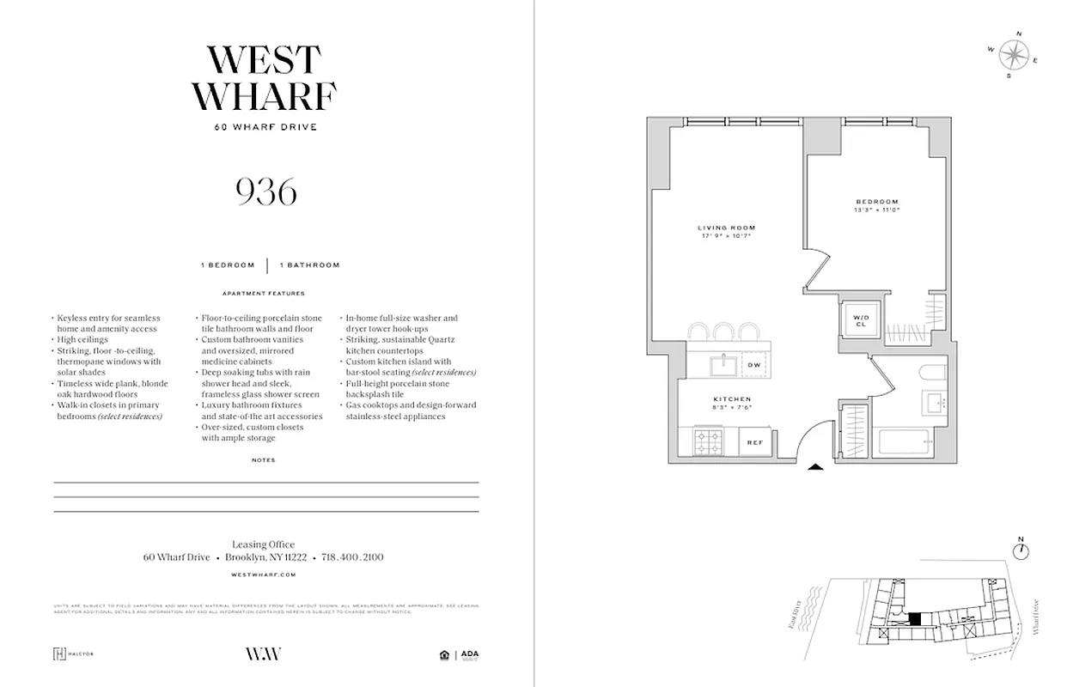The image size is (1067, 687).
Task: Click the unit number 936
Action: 266,192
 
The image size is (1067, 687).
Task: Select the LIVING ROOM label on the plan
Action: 726,228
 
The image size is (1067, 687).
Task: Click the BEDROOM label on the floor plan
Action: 876,201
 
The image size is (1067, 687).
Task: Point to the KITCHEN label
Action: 732,399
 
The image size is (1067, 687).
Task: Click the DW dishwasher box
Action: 754,366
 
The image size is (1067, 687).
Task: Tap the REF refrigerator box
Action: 754,442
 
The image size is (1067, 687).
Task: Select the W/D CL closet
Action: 861,321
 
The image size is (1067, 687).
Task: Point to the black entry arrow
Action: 816,467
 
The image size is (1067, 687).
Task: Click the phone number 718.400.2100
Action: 352,557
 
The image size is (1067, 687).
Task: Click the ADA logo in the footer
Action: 469,654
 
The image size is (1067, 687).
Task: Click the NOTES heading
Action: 264,460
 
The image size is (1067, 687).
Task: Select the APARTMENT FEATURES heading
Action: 264,293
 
